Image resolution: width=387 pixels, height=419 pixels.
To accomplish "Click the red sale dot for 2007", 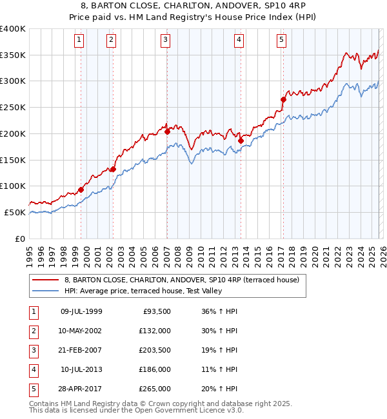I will pos(167,132).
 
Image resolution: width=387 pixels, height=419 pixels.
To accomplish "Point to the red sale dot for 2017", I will pos(283,99).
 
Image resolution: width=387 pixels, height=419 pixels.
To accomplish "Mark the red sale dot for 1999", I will pos(81,190).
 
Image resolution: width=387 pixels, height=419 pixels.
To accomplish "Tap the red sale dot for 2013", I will pos(240,141).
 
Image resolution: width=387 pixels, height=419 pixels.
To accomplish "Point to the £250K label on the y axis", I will pos(13,107).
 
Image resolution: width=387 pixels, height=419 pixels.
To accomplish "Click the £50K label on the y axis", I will pos(15,212).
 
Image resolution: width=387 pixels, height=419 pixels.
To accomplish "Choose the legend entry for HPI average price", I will pos(143,291).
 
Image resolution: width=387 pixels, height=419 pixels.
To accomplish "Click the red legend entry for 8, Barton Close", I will pos(181,280).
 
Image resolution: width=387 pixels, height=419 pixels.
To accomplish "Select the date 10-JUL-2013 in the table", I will pos(81,369).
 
